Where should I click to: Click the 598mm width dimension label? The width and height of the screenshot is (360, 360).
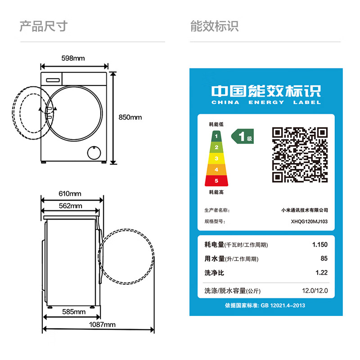coord(73,58)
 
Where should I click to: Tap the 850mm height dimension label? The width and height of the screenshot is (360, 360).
coord(130,117)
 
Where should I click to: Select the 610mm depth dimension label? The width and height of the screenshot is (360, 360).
coord(70,194)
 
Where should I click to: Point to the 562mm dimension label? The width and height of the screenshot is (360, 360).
coord(71,206)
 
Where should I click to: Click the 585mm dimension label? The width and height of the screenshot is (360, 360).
coord(74,312)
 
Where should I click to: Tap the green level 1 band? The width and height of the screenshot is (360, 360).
coord(216,136)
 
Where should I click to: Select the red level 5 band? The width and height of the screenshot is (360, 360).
coord(216,181)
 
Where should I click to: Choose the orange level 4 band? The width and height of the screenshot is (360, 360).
coord(216,170)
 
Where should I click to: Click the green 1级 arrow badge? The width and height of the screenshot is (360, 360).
coord(243,136)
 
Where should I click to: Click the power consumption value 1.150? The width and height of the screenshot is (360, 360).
coord(319,245)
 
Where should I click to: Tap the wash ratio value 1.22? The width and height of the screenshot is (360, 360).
coord(321,273)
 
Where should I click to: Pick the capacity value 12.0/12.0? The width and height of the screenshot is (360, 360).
coord(315,291)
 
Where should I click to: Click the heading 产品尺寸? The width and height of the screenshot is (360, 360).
coord(43,26)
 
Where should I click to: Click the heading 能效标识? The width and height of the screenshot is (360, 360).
coord(214,26)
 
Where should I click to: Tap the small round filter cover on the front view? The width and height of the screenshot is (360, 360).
coord(94,152)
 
